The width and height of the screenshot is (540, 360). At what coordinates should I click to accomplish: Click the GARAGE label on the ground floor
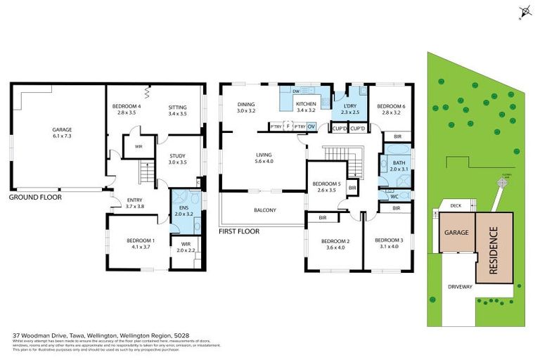pyautogui.click(x=62, y=129)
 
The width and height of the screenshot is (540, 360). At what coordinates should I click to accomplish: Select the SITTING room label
pyautogui.click(x=177, y=107)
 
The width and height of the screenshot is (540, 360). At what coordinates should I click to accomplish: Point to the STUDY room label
pyautogui.click(x=177, y=157)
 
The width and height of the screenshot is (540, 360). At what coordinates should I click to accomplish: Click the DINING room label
pyautogui.click(x=245, y=105)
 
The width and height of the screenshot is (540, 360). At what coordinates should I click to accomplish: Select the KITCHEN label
pyautogui.click(x=307, y=105)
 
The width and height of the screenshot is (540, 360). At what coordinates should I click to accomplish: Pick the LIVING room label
pyautogui.click(x=264, y=155)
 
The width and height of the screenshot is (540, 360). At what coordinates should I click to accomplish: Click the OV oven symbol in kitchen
pyautogui.click(x=311, y=127)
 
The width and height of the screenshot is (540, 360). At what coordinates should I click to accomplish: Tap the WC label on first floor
pyautogui.click(x=394, y=195)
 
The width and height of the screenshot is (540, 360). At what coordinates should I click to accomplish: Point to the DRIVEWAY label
pyautogui.click(x=461, y=287)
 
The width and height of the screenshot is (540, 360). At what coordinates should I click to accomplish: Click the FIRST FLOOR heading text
pyautogui.click(x=239, y=231)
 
